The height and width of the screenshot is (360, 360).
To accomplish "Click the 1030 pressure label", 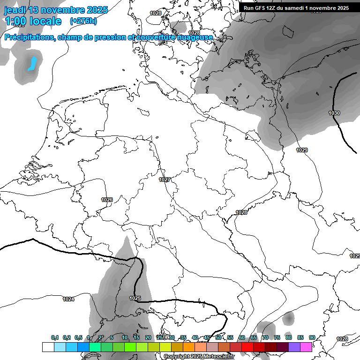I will tap(334, 113).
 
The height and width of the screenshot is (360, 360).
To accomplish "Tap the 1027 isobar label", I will tap(164, 180).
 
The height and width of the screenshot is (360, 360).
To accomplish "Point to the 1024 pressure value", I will tap(68, 299).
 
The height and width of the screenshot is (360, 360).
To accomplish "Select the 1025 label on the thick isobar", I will tap(135, 298).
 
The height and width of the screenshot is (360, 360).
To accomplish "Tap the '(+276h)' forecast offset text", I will tap(83, 21).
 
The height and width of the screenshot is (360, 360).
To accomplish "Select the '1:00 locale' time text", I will tap(33, 21).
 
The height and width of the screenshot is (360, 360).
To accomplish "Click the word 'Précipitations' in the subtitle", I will tap(29, 37).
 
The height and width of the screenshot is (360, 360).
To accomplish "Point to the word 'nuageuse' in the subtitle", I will tap(196, 37).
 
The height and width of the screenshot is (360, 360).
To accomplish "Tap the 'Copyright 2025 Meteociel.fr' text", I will tap(200, 356).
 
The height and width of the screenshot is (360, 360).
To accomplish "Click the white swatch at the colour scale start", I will tap(48, 347).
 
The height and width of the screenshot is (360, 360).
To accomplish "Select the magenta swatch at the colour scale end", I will tap(306, 347).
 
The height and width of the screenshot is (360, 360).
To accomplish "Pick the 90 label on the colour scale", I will tap(312, 337).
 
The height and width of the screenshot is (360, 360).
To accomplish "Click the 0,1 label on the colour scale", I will tap(55, 337).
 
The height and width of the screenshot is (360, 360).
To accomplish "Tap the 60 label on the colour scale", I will tap(241, 337).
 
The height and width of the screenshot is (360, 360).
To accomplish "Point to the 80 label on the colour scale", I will tap(288, 337).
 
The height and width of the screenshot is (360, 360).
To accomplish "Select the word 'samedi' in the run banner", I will tap(297, 8).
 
